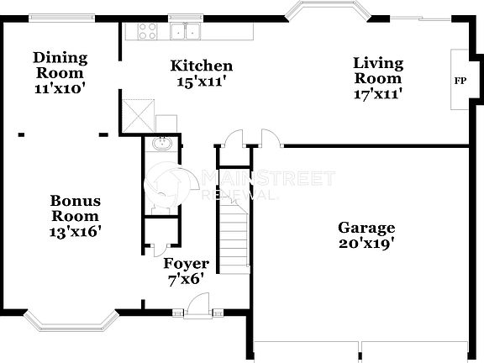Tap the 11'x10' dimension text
tap(60, 87)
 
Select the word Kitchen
tap(202, 66)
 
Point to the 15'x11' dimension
tap(202, 81)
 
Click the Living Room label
tap(377, 71)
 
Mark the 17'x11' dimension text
tap(377, 94)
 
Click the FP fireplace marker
tap(460, 82)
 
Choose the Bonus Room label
tap(75, 208)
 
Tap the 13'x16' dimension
tap(75, 230)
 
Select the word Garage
tap(366, 228)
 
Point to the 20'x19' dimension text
tap(366, 244)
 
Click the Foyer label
tap(186, 264)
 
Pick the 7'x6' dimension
tap(186, 279)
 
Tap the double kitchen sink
tap(186, 32)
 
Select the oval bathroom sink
tap(163, 145)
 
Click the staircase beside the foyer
tap(234, 239)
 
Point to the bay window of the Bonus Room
tap(76, 322)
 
